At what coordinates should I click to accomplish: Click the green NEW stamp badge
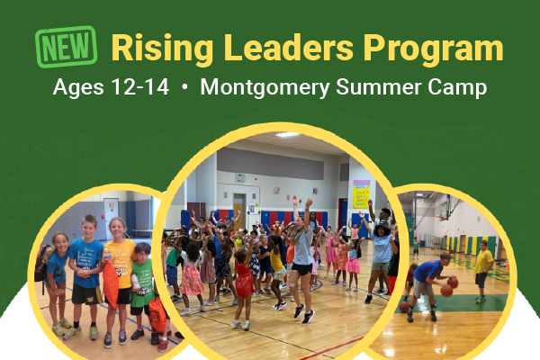click(x=66, y=47)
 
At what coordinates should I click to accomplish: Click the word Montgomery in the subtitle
click(x=265, y=88)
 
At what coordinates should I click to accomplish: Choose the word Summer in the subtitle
click(x=379, y=86)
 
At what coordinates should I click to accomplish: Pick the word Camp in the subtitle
click(x=457, y=88)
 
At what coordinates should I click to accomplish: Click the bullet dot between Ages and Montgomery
click(x=184, y=87)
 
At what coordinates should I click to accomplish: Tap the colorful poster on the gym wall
click(x=361, y=194)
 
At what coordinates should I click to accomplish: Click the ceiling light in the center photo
click(x=287, y=135)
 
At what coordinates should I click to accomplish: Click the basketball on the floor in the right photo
click(x=404, y=307)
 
